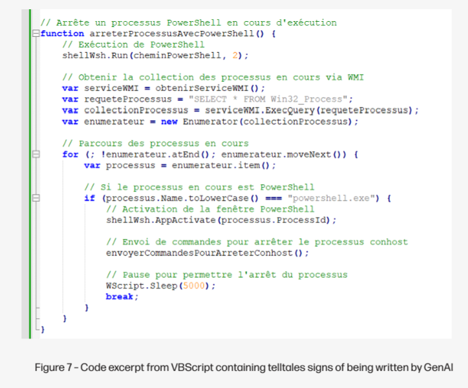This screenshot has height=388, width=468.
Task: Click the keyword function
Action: point(62,34)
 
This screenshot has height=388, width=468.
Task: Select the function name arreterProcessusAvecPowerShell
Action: point(172,34)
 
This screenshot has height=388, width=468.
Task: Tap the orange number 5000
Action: point(194,286)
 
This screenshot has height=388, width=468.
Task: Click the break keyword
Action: point(120,296)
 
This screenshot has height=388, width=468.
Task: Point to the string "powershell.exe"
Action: point(333,198)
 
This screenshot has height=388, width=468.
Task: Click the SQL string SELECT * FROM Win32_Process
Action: point(268,99)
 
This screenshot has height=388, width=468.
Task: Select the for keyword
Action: point(71,154)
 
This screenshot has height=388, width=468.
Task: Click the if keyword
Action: point(89,198)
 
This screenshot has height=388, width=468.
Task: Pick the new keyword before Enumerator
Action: point(169,121)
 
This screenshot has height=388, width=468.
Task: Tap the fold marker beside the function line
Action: point(36,34)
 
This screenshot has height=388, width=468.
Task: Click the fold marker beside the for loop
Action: point(36,154)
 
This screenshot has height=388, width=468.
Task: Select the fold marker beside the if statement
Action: point(36,198)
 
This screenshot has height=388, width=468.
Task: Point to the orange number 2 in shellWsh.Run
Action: point(235,55)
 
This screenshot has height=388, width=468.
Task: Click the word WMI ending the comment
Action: point(356,77)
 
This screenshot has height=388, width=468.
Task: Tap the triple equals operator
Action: point(274,198)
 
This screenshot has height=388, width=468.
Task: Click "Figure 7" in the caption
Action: point(54,367)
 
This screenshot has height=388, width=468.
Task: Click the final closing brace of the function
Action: point(43,329)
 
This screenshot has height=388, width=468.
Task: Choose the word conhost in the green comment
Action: point(389,242)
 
